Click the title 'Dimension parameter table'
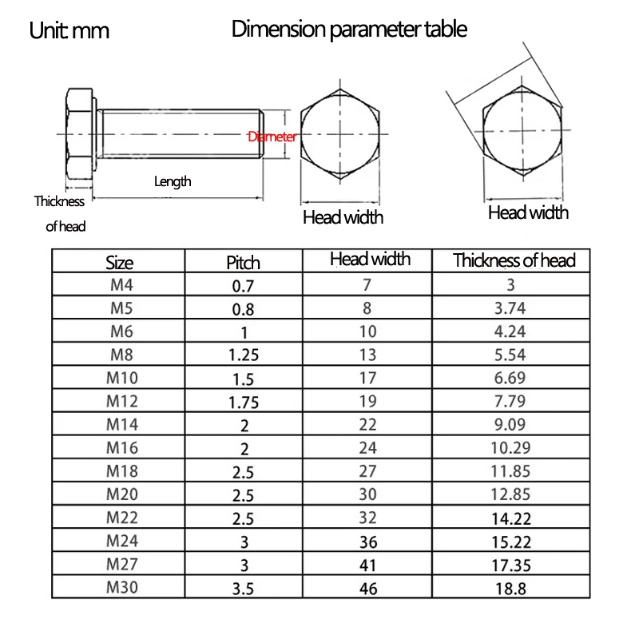tap(349, 30)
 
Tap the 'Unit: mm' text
tap(69, 31)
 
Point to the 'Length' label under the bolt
tap(173, 181)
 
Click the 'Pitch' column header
tap(244, 262)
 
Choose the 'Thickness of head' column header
tap(514, 260)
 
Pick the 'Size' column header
tap(119, 262)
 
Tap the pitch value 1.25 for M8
tap(244, 355)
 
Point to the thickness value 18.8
tap(510, 588)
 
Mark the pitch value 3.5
tap(244, 588)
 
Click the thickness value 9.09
tap(510, 425)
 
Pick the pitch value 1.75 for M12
tap(244, 402)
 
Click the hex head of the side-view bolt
tap(80, 136)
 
